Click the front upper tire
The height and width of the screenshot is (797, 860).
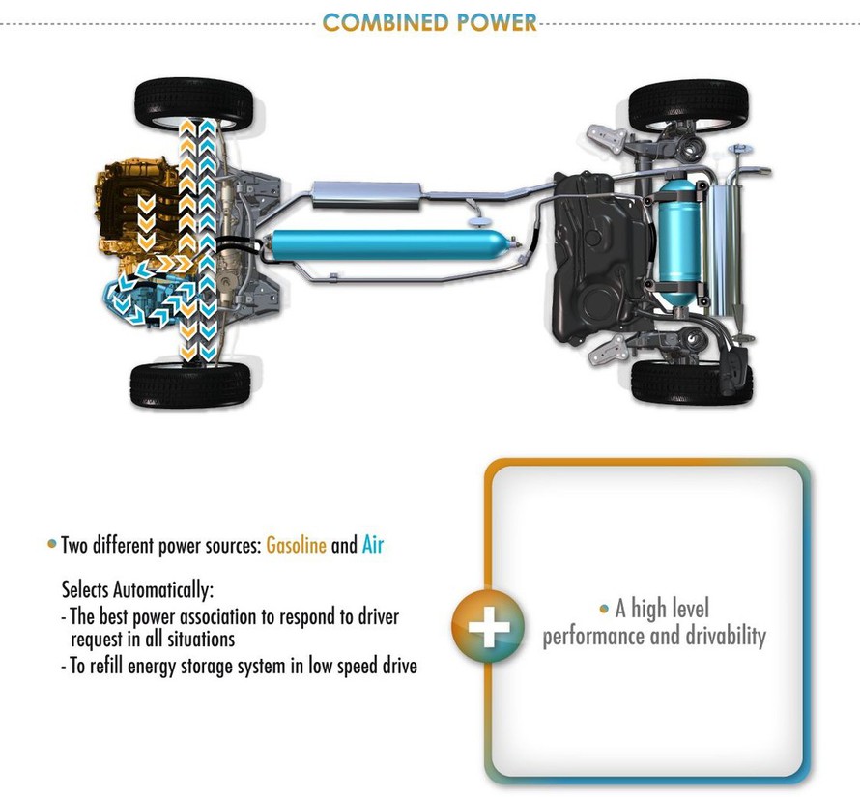(x=193, y=103)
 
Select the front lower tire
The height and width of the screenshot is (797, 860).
(x=190, y=384)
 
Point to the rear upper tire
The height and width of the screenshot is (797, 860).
(x=689, y=105)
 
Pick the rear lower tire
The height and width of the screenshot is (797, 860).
(x=692, y=382)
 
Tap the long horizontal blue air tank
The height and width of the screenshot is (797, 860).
(x=390, y=244)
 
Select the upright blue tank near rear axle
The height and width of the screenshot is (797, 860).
(x=679, y=242)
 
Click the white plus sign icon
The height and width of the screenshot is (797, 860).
(x=489, y=626)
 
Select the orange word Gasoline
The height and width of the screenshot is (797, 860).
(x=297, y=545)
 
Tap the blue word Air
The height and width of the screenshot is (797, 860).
(x=373, y=545)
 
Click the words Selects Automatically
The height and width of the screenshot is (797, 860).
(x=137, y=590)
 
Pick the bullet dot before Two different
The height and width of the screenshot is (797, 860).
(x=52, y=544)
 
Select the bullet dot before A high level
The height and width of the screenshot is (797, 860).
(x=604, y=609)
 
